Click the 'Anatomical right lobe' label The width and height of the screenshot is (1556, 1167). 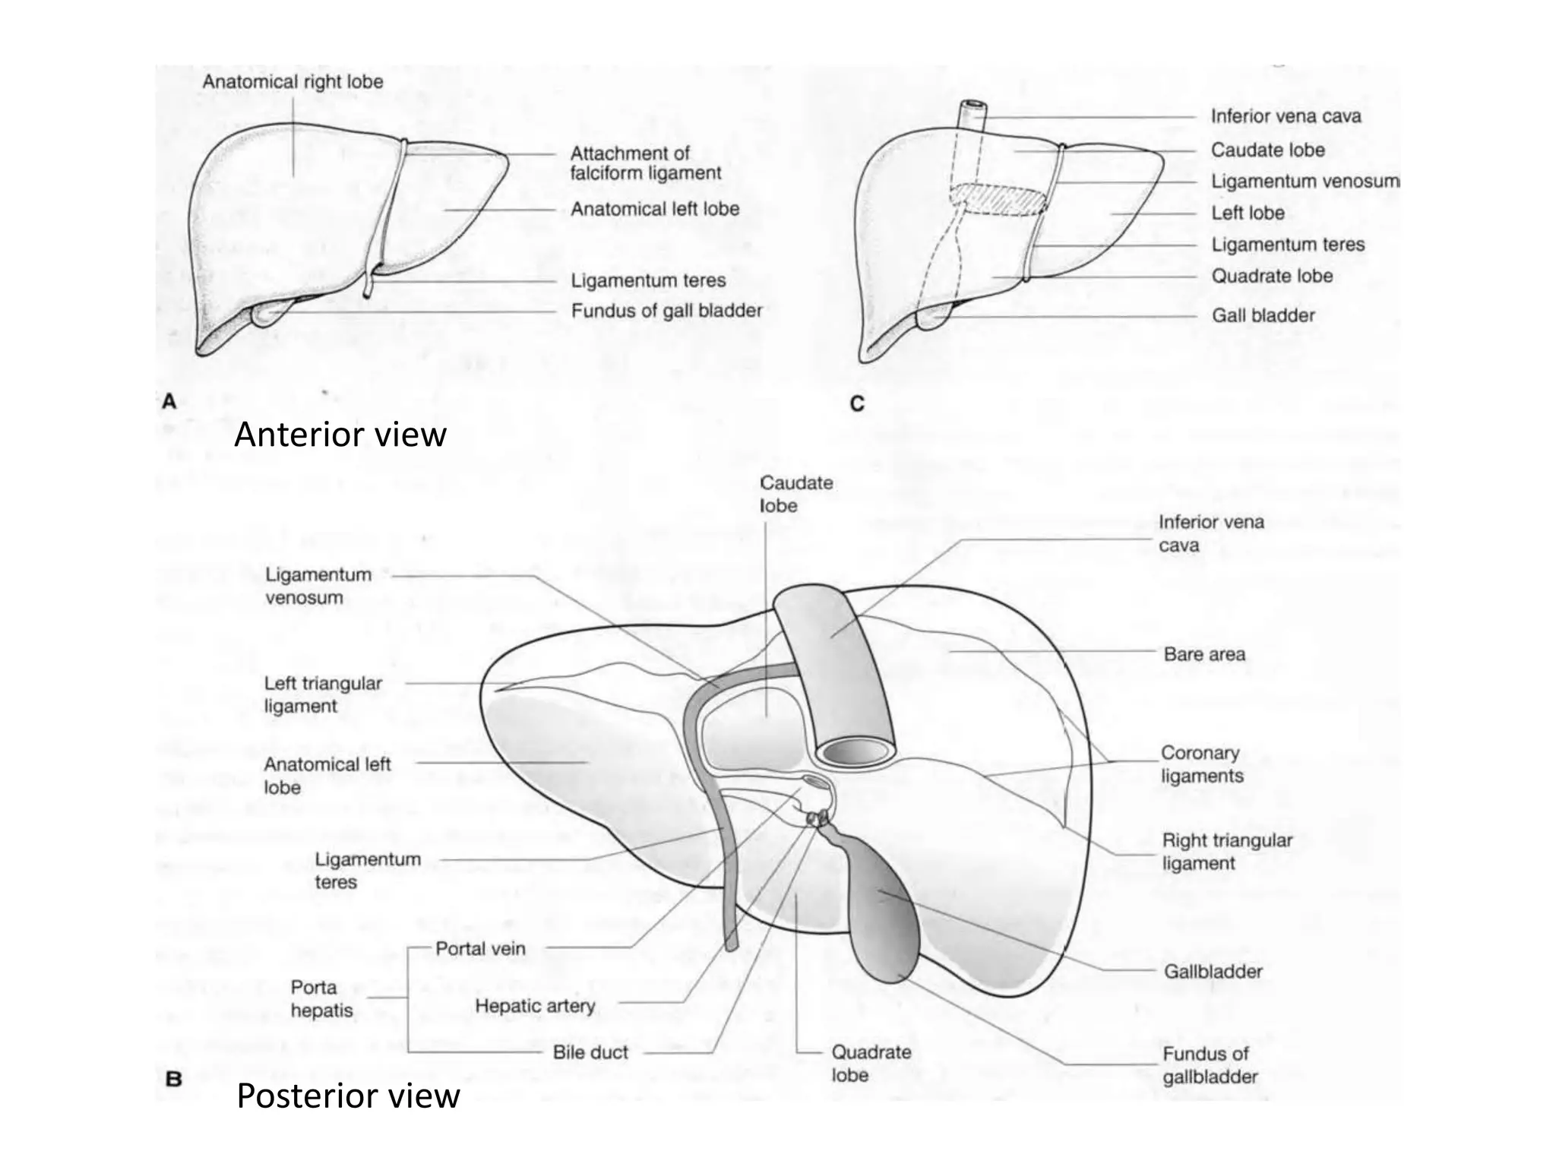pos(293,82)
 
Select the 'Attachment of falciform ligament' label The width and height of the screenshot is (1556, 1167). pos(645,163)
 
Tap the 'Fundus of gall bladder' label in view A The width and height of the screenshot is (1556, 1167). pos(666,311)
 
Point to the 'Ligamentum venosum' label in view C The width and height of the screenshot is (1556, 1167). pos(1305,182)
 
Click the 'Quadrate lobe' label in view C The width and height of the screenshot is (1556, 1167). pos(1271,276)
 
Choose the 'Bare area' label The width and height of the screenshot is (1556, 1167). pos(1204,654)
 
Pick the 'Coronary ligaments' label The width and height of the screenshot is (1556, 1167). pos(1201,764)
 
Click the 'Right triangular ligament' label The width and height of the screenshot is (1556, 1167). pos(1226,852)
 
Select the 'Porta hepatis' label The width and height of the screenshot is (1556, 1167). pos(321,998)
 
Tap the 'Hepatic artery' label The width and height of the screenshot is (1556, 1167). pos(535,1006)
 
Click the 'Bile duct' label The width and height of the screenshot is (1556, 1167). pos(590,1052)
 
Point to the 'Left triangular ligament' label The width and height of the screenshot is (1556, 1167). pos(323,694)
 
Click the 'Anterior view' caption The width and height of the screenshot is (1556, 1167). pos(340,435)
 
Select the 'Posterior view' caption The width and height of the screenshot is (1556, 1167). pos(348,1096)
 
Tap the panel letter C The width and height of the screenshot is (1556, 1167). pos(857,403)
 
